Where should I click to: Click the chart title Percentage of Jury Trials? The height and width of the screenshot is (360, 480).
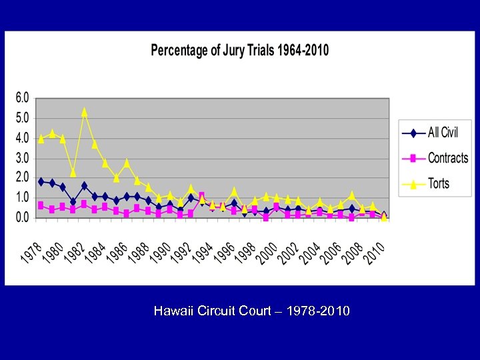(239, 51)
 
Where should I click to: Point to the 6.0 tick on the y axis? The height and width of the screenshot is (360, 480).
(22, 98)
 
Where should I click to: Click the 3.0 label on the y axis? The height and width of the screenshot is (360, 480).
(22, 158)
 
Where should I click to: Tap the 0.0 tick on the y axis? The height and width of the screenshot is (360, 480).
(22, 217)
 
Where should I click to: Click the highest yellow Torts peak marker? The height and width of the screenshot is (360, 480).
(84, 112)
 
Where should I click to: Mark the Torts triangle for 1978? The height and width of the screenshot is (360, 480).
(41, 139)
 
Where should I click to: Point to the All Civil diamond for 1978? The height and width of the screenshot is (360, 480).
(41, 181)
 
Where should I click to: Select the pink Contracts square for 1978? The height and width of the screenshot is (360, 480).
(41, 205)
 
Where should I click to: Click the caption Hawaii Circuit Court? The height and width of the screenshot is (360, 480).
(251, 311)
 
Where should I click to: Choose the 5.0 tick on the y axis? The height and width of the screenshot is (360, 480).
(22, 118)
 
